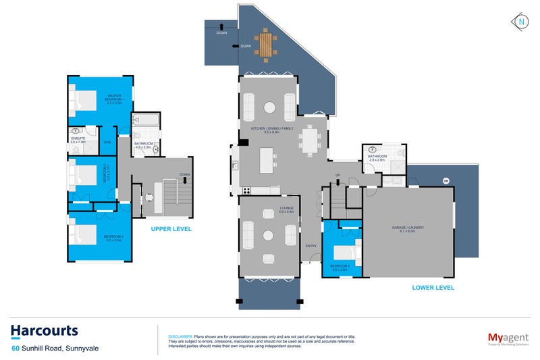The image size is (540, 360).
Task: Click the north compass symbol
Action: (x=522, y=22)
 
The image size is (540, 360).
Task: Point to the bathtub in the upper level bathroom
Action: (x=144, y=122)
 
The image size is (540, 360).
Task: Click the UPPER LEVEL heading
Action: (x=171, y=229)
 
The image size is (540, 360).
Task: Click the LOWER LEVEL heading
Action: (x=433, y=288)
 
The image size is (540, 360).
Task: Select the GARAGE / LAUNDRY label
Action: (x=408, y=228)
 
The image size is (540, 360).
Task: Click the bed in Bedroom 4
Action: (x=343, y=252)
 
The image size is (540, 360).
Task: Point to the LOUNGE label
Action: (x=269, y=209)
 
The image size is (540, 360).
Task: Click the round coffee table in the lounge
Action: (x=269, y=235)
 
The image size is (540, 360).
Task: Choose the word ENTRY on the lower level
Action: (x=310, y=245)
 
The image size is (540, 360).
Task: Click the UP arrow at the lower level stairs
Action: (x=337, y=178)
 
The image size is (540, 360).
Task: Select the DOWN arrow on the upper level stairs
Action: (x=185, y=178)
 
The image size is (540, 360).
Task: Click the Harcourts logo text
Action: (x=44, y=330)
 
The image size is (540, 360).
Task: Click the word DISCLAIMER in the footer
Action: (x=180, y=336)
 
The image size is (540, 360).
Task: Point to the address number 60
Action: (x=14, y=349)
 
